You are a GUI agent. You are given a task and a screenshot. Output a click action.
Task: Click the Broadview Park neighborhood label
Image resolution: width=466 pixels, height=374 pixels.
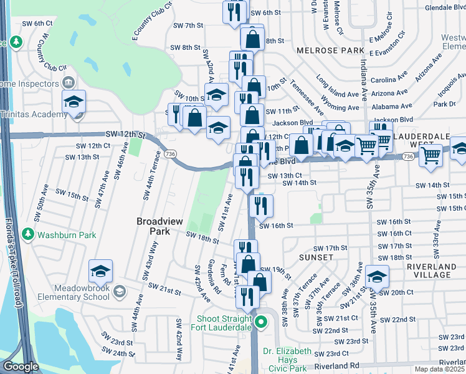click(153, 226)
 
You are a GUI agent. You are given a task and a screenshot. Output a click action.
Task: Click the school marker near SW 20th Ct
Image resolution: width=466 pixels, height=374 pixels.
click(377, 276)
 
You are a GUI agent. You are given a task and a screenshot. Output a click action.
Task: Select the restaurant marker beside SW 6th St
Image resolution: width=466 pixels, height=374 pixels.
click(234, 13)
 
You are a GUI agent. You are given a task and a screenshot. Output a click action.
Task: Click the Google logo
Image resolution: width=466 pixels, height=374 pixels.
click(21, 367)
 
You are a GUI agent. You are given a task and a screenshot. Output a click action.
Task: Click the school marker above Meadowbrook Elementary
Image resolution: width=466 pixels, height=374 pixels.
click(100, 271)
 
